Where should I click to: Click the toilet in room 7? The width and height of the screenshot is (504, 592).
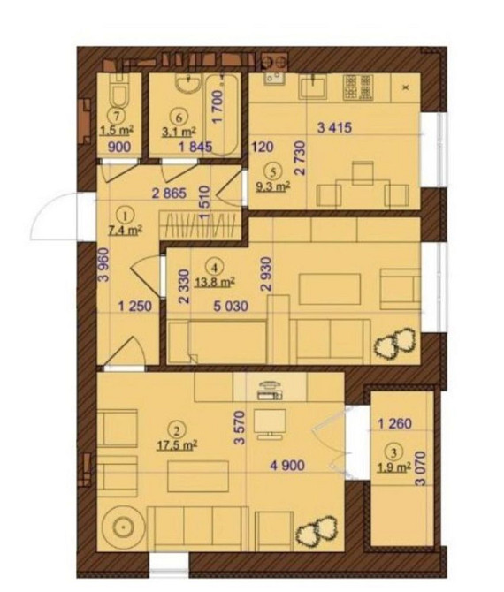pos(119,92)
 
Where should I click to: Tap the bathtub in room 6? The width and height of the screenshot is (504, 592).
pos(222,114)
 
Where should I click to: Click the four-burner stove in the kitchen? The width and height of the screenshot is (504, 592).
pos(358,87)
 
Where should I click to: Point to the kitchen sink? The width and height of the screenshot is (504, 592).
pos(313,86)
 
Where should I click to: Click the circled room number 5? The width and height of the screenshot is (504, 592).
pos(273,171)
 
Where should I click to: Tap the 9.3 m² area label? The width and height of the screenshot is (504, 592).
pos(273,186)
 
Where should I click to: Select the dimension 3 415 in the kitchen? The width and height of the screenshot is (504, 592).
pos(335,127)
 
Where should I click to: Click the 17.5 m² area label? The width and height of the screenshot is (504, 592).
pos(177,445)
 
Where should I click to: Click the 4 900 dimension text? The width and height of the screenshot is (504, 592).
pos(287,465)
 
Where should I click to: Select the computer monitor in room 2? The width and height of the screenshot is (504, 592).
pos(270,423)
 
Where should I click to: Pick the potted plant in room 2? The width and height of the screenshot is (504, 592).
pos(317,531)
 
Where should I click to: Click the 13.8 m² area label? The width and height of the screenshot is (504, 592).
pos(214,282)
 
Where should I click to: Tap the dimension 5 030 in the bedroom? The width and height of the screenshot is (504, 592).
pos(231,306)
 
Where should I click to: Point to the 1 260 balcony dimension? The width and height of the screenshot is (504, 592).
pos(395,423)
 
